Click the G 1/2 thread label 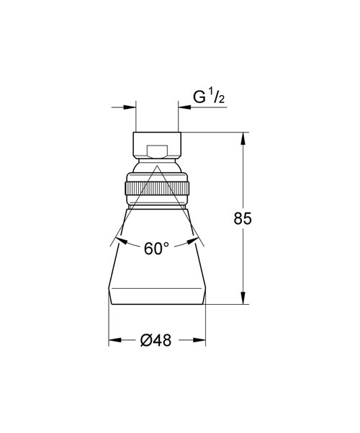coord(209,97)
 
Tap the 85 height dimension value coord(243,218)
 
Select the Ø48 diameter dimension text coord(156,340)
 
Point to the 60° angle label coord(156,249)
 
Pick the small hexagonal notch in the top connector coord(157,151)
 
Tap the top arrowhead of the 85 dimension coord(243,139)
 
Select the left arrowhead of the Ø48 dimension coord(115,340)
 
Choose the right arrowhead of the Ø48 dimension coord(199,340)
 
